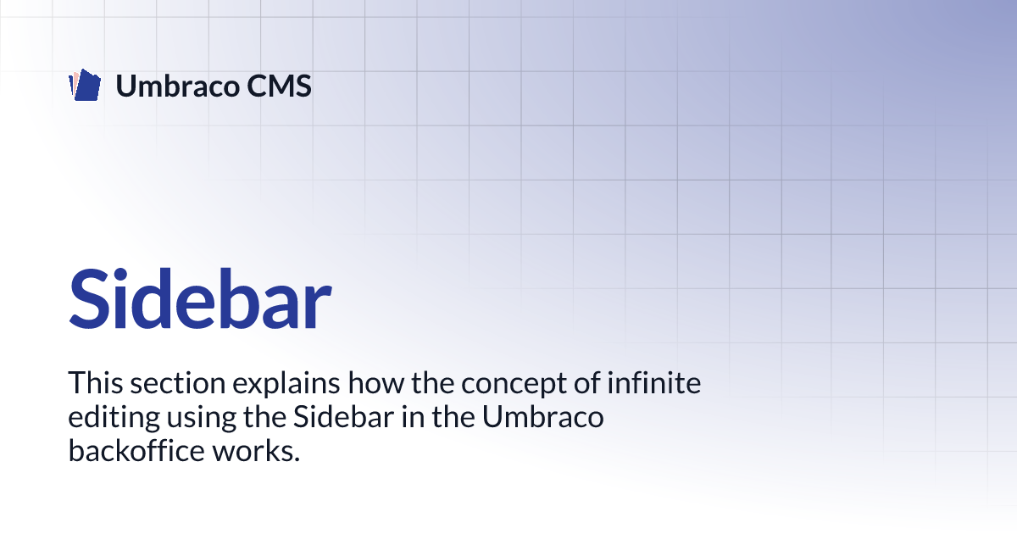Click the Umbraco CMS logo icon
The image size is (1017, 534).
click(85, 85)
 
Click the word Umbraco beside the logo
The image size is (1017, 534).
click(177, 86)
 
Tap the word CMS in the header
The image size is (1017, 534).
click(279, 86)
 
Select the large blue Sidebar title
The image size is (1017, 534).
click(200, 298)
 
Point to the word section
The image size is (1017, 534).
click(178, 383)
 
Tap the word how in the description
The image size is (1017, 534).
click(376, 382)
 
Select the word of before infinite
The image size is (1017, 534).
click(586, 382)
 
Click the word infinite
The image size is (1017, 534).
click(653, 382)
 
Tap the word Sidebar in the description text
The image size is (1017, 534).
click(343, 416)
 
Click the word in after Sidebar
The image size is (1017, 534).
click(413, 416)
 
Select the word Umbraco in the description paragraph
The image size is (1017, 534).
click(543, 416)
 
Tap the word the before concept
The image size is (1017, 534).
click(433, 382)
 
